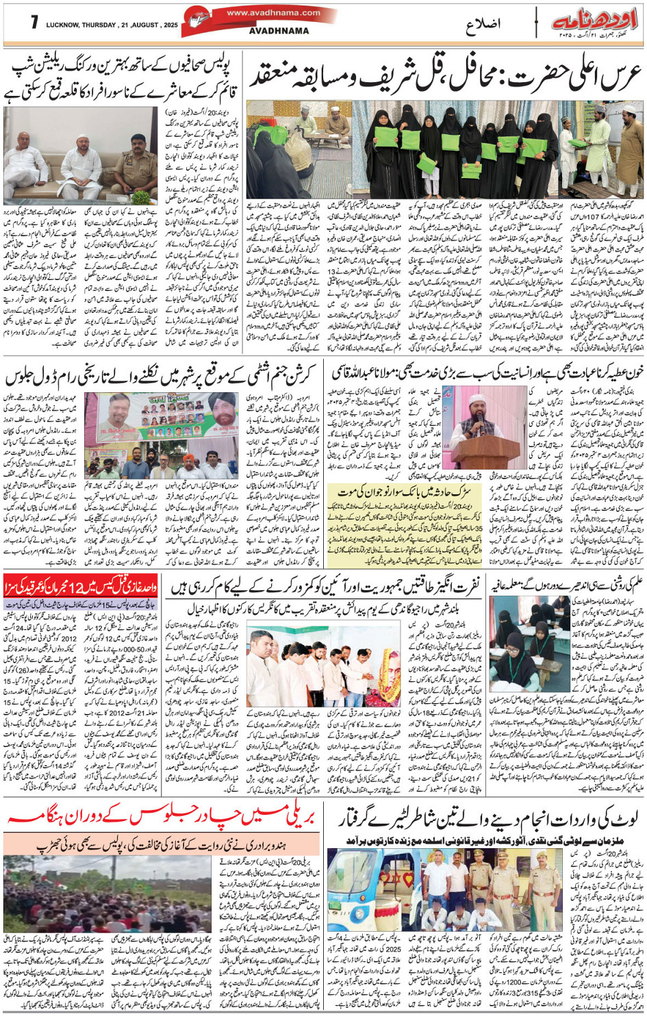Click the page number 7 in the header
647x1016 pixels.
tap(34, 23)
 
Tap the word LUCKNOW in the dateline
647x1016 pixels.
tap(64, 26)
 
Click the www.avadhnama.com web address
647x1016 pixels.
tap(273, 12)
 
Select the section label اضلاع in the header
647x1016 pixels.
tap(483, 25)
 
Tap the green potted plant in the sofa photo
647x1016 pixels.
tap(141, 197)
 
